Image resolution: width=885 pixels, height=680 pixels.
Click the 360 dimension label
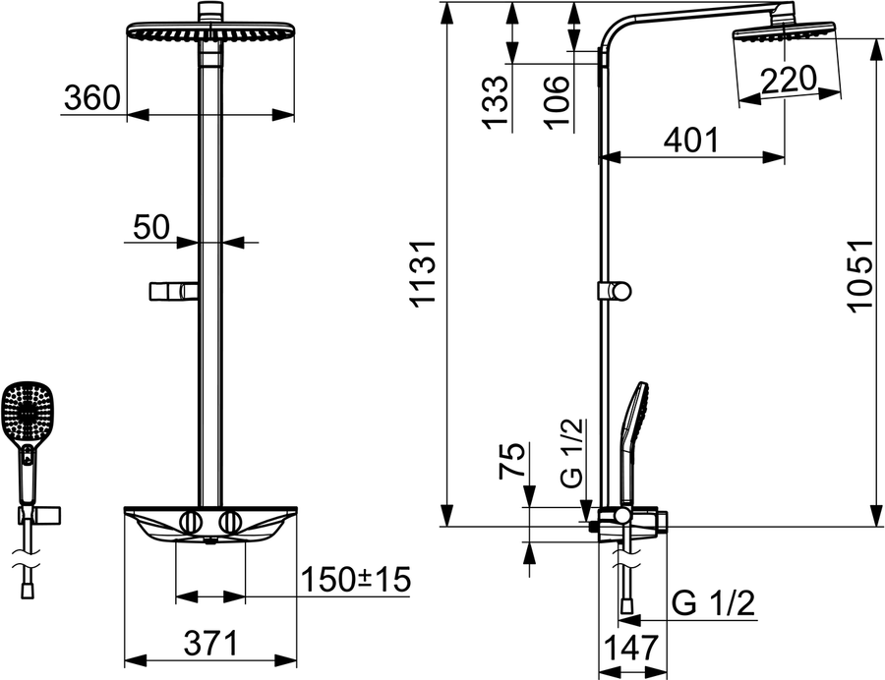pos(92,97)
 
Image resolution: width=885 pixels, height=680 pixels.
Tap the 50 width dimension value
pos(151,227)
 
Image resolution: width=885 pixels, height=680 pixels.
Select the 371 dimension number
pos(211,644)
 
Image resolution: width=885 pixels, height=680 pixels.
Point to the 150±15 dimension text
pos(356,579)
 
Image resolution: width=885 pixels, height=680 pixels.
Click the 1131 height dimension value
pos(423,274)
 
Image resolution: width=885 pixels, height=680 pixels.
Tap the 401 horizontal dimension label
pos(691,140)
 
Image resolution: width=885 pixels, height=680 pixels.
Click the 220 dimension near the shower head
pos(789,80)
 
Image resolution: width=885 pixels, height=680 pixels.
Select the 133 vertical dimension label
pos(497,102)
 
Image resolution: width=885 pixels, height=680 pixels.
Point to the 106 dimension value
pos(557,102)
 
